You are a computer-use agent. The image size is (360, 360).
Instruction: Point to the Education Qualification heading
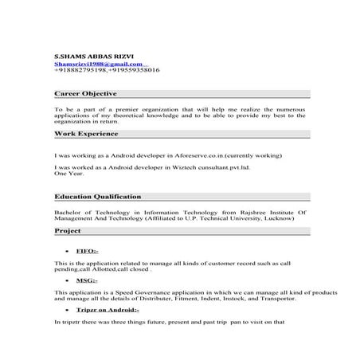click(x=98, y=196)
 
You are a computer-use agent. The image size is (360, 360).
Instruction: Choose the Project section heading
click(x=68, y=231)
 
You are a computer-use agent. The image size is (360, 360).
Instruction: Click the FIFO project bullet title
click(x=87, y=251)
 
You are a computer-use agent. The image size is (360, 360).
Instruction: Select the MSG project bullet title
click(x=87, y=281)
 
